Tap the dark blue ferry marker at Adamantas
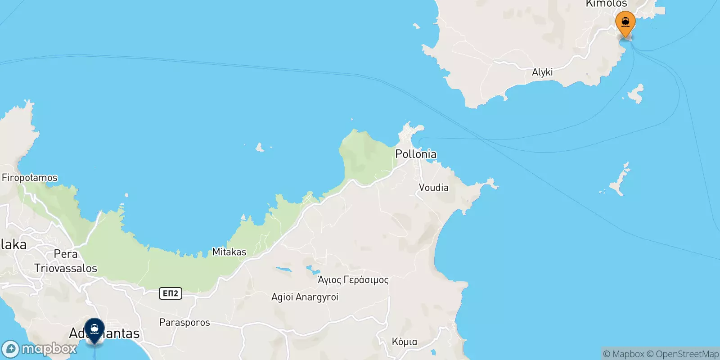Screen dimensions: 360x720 [94, 329]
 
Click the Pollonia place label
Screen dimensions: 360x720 [415, 154]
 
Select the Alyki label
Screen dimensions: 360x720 [542, 72]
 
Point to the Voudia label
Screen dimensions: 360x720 [433, 187]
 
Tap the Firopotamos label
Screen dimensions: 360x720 [30, 178]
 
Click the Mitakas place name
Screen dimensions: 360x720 [229, 252]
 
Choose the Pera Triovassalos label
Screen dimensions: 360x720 [66, 261]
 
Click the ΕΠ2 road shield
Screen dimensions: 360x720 [170, 293]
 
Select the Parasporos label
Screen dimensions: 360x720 [184, 322]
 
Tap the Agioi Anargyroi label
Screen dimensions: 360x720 [305, 297]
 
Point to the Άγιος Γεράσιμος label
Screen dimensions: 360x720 [353, 280]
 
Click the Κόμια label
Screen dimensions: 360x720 [404, 342]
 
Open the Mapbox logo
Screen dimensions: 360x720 [40, 349]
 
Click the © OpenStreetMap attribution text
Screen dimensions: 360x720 [683, 354]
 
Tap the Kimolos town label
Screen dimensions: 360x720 [606, 4]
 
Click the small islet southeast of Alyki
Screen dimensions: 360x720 [636, 93]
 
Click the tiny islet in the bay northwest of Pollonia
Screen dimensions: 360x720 [260, 147]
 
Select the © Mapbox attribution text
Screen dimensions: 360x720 [624, 354]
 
